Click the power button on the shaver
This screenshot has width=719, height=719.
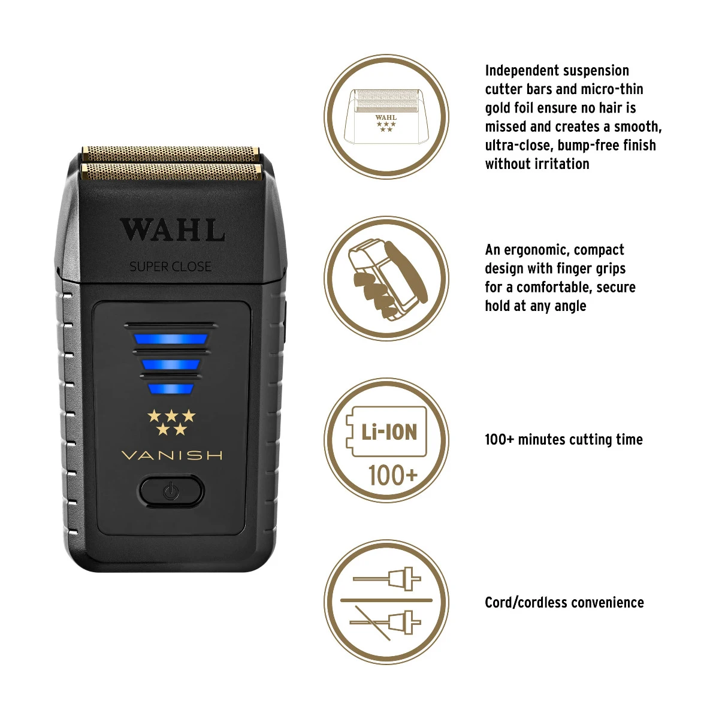[171, 491]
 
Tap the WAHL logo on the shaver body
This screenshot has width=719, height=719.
[173, 231]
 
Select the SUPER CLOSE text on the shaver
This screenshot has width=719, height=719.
[171, 267]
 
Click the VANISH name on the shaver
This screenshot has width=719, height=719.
[172, 455]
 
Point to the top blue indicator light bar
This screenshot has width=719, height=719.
[171, 339]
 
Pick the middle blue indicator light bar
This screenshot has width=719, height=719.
[171, 364]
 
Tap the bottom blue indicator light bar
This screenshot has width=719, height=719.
[171, 389]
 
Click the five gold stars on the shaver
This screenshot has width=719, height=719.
[171, 422]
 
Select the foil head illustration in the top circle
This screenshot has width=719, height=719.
[386, 116]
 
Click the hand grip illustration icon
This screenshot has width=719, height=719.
[386, 279]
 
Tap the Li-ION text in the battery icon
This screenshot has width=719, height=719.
[389, 431]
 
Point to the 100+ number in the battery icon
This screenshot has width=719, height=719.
[392, 476]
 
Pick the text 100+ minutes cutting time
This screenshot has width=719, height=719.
[563, 440]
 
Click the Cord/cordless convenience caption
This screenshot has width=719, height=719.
[564, 603]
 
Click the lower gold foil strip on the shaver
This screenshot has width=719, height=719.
[171, 172]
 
